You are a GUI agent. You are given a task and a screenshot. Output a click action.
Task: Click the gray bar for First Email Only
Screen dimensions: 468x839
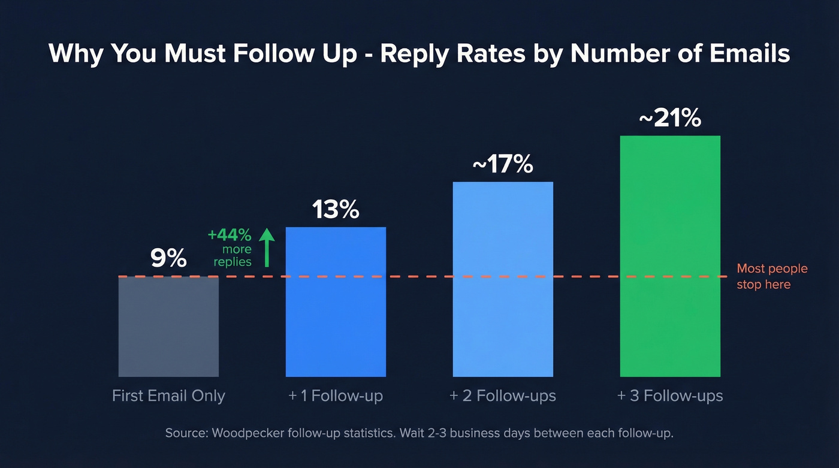coord(168,327)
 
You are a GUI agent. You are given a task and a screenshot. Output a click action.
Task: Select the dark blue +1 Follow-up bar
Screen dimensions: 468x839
coord(336,302)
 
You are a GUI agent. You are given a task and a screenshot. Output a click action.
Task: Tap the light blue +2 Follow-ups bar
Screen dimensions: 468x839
coord(503,279)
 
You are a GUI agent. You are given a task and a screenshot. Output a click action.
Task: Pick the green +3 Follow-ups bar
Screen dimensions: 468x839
coord(670,256)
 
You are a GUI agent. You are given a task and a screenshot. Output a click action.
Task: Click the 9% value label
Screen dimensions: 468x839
coord(168,258)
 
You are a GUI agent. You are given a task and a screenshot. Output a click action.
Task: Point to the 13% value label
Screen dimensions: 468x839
coord(336,210)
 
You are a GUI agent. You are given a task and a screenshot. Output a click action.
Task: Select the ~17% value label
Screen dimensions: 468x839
coord(503,164)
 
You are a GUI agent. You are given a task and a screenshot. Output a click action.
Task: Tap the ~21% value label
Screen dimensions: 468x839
coord(670,119)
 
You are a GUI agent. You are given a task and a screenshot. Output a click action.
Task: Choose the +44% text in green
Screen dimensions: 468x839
coord(230,234)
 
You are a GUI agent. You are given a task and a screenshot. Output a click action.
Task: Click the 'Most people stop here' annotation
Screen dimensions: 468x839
coord(771,276)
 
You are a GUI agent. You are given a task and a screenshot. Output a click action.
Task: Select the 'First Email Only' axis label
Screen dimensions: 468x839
coord(168,396)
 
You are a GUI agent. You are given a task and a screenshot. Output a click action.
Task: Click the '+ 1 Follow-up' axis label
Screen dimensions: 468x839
coord(336,396)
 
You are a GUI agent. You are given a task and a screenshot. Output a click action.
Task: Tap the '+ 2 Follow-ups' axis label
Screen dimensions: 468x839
coord(503,396)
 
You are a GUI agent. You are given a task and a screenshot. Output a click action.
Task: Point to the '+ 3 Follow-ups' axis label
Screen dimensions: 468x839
coord(670,396)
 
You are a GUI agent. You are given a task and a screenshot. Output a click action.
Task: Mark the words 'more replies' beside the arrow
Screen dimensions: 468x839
coord(233,256)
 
